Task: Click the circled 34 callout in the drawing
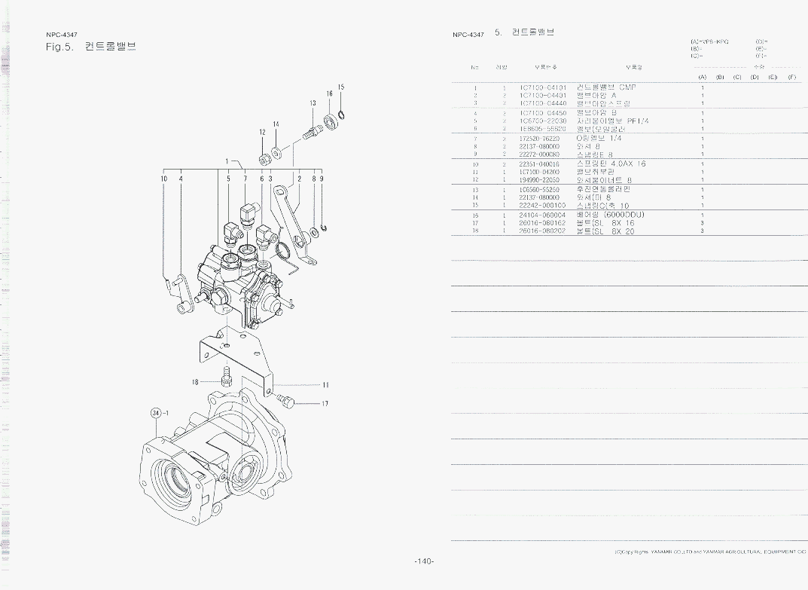[x=157, y=413]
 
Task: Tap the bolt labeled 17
[x=285, y=399]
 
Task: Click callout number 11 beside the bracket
[x=325, y=385]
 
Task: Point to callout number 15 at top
[x=341, y=87]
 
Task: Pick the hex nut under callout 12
[x=264, y=159]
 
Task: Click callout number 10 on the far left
[x=164, y=179]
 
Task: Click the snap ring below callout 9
[x=322, y=229]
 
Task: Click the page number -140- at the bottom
[x=424, y=561]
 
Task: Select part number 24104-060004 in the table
[x=542, y=215]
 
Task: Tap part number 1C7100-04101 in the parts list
[x=542, y=87]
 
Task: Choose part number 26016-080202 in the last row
[x=542, y=231]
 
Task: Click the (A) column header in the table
[x=702, y=77]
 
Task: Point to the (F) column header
[x=791, y=77]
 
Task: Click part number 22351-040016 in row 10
[x=540, y=164]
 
